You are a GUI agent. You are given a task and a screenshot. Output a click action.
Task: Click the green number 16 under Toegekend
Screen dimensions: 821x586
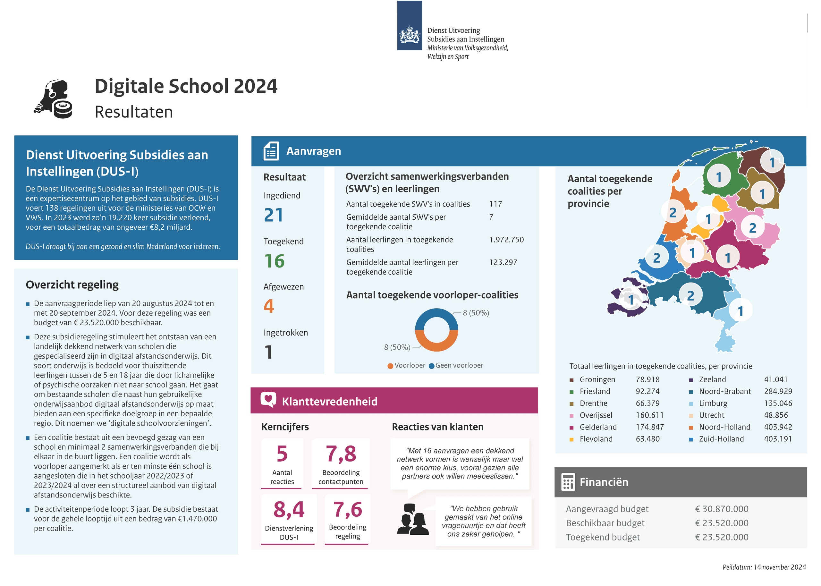(x=274, y=261)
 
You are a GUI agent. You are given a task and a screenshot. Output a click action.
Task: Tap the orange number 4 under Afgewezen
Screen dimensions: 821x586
(x=269, y=306)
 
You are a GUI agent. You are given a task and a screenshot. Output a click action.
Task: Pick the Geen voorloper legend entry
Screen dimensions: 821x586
(x=456, y=366)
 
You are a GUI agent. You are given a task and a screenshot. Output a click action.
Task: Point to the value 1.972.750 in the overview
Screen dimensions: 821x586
(x=506, y=240)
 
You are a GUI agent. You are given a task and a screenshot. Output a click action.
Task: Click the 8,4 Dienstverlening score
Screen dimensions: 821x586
(x=289, y=509)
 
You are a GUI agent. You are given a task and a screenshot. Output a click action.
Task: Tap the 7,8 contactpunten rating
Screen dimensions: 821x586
(x=341, y=454)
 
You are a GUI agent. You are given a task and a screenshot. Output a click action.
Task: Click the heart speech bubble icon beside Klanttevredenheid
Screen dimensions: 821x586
(x=268, y=400)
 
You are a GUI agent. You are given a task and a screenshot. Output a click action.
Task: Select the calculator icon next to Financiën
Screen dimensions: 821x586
(x=568, y=482)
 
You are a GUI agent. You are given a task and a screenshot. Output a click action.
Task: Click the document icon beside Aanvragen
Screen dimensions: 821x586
(x=271, y=151)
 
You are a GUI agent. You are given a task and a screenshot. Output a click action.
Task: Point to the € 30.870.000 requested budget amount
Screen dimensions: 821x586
(x=722, y=509)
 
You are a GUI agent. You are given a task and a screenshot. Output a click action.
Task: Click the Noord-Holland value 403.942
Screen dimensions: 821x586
(x=778, y=427)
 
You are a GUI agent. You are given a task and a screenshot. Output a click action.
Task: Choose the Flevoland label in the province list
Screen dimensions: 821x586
(x=596, y=439)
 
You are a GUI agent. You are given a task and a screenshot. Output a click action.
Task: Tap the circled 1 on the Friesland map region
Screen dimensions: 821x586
(x=719, y=176)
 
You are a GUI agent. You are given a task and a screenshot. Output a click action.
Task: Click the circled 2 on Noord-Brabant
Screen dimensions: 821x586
(x=690, y=295)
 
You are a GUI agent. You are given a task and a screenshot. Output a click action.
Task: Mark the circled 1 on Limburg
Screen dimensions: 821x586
(x=740, y=311)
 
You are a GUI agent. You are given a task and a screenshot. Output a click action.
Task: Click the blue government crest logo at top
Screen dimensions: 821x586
(x=410, y=25)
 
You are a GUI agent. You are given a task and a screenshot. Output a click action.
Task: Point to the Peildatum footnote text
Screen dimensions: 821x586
(x=764, y=567)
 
